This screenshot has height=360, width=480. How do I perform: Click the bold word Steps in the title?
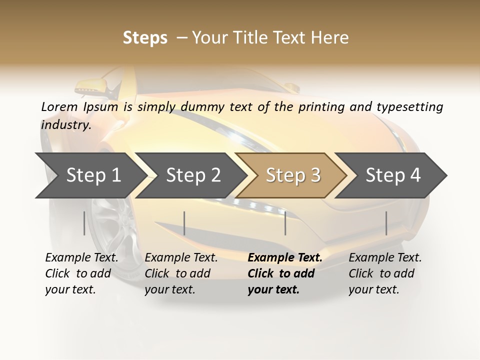145,38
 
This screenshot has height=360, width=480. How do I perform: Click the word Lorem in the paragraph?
59,106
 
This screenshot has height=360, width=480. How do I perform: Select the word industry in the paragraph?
65,124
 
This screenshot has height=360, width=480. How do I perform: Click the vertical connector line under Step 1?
84,223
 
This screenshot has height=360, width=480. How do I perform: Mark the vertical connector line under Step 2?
184,223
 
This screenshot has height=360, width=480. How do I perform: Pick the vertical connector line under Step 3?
285,223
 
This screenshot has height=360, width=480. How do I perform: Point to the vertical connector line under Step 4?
386,223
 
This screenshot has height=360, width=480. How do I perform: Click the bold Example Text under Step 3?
285,258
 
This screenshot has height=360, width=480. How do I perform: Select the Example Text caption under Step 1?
81,258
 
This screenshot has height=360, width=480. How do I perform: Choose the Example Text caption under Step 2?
181,258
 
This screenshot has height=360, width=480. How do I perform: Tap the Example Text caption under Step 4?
385,258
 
